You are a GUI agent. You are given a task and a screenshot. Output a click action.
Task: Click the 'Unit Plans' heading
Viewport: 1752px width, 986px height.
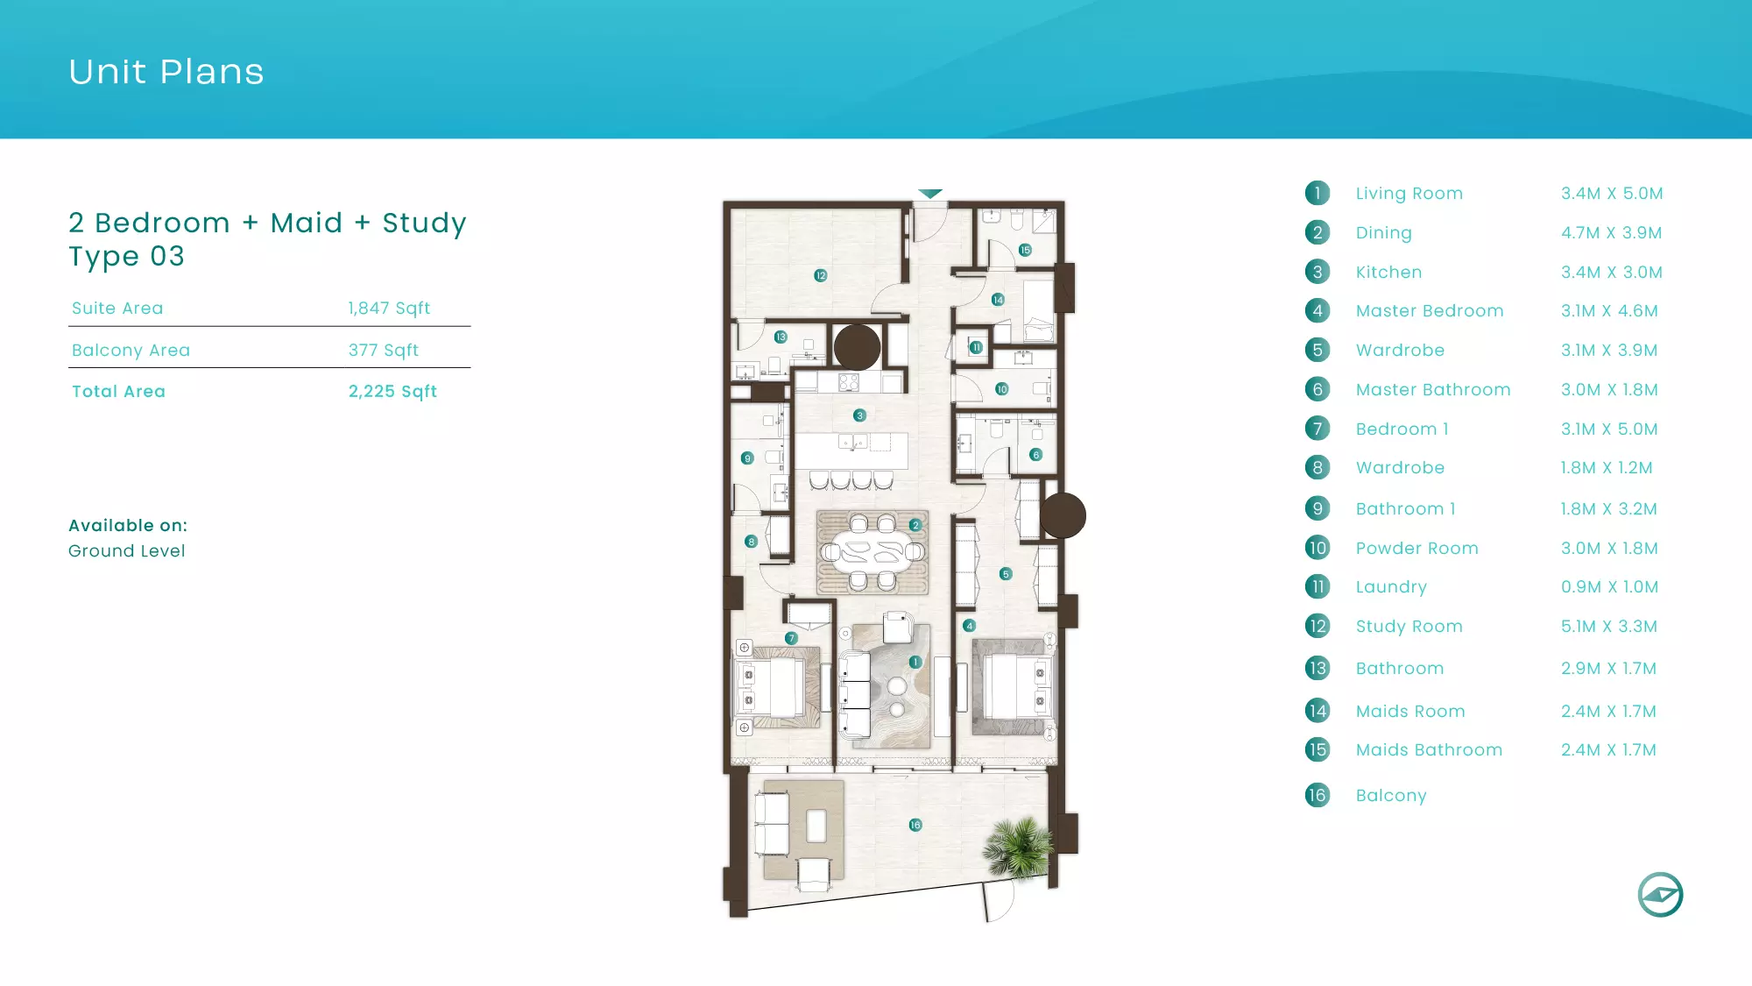(x=166, y=72)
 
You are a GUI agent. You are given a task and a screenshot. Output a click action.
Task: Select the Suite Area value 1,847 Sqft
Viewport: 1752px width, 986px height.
(x=389, y=309)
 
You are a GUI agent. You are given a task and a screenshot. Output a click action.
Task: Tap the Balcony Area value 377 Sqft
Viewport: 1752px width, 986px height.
(x=384, y=351)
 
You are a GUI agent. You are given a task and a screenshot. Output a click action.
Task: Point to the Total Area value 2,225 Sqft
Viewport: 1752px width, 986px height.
(x=392, y=392)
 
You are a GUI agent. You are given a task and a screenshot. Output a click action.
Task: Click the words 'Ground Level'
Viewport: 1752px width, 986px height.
(x=127, y=551)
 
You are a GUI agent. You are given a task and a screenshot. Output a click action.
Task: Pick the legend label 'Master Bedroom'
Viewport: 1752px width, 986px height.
(x=1430, y=311)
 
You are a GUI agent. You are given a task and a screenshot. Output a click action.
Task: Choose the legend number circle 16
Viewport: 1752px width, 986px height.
(x=1318, y=795)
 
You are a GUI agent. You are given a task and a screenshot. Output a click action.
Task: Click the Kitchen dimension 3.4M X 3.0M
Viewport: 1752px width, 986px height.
(x=1612, y=273)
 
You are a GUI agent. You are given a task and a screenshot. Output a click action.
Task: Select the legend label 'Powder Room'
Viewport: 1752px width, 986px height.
(x=1417, y=549)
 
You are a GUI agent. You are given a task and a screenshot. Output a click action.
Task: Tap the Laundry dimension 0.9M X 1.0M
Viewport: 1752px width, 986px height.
(x=1610, y=587)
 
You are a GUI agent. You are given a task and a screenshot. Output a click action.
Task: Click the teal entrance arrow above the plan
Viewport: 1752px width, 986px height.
(x=930, y=193)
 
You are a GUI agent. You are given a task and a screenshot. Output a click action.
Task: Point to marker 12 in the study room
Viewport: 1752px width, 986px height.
(x=821, y=275)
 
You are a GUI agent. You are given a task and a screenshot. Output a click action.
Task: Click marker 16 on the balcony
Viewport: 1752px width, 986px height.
(x=915, y=825)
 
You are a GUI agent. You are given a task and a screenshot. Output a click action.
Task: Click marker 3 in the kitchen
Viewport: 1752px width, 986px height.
(x=860, y=415)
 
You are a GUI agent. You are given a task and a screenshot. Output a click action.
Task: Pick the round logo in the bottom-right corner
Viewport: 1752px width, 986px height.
(x=1661, y=895)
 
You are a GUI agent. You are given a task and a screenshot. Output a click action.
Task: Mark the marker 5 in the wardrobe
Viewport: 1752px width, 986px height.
(x=1006, y=574)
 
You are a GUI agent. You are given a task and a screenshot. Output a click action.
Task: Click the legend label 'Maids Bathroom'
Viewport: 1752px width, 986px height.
(x=1429, y=750)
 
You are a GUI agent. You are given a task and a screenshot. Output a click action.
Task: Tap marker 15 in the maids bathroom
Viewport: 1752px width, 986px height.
(x=1025, y=250)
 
